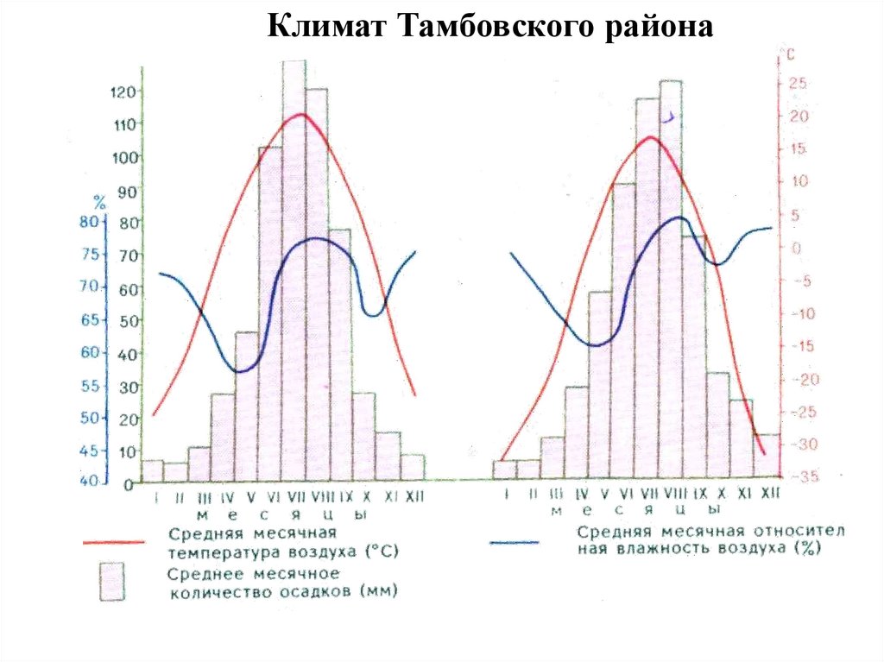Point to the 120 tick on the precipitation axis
click(123, 91)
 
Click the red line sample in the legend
click(112, 543)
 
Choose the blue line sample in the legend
click(515, 543)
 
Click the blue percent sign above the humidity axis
click(99, 204)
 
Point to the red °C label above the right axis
click(787, 55)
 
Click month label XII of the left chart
click(414, 498)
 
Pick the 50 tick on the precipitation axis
click(127, 321)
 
